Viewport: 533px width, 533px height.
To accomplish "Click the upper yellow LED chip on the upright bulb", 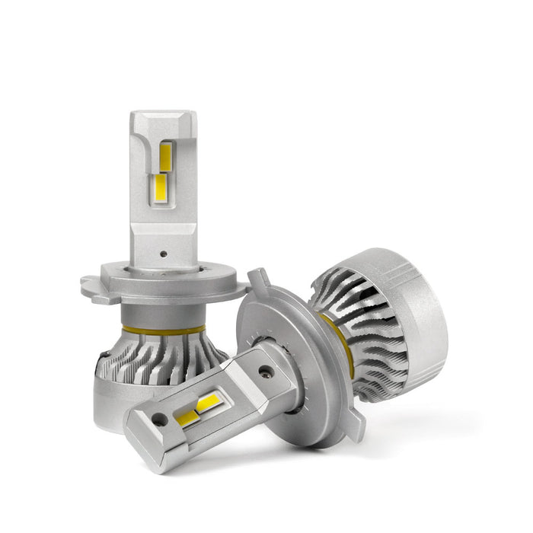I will click(x=165, y=155).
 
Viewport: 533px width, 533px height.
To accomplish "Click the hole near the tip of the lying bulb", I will click(x=158, y=420).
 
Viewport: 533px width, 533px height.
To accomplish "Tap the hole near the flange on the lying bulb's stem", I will click(x=264, y=372).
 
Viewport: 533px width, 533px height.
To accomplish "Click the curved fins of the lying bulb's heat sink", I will click(x=365, y=335).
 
